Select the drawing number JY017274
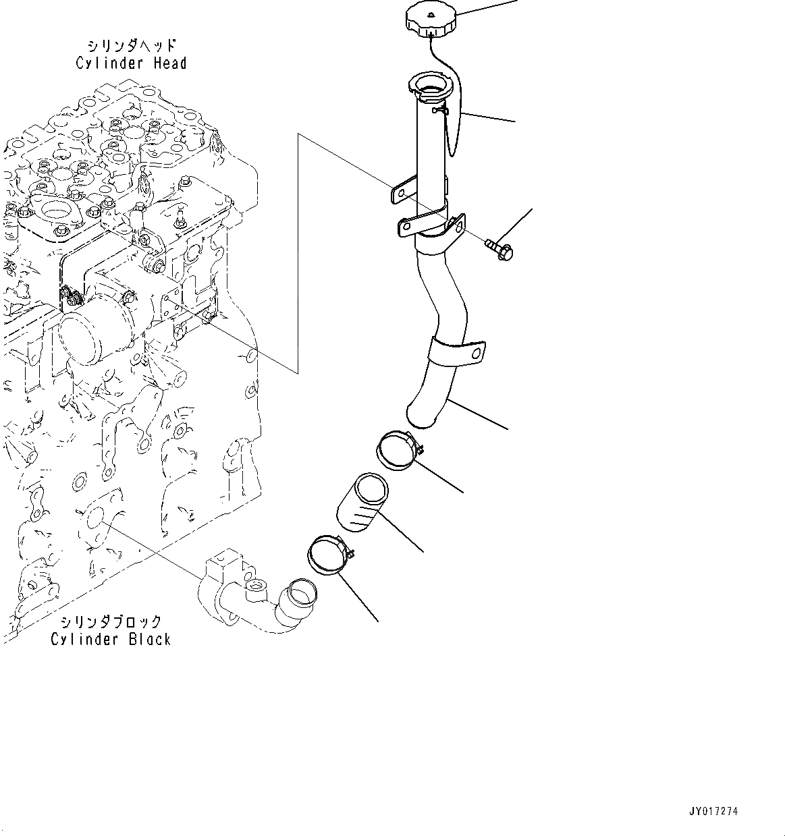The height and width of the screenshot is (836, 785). click(713, 811)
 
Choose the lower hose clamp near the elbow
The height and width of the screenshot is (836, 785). click(329, 555)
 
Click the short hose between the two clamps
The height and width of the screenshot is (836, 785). click(362, 504)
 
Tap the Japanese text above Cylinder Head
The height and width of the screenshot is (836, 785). click(132, 46)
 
